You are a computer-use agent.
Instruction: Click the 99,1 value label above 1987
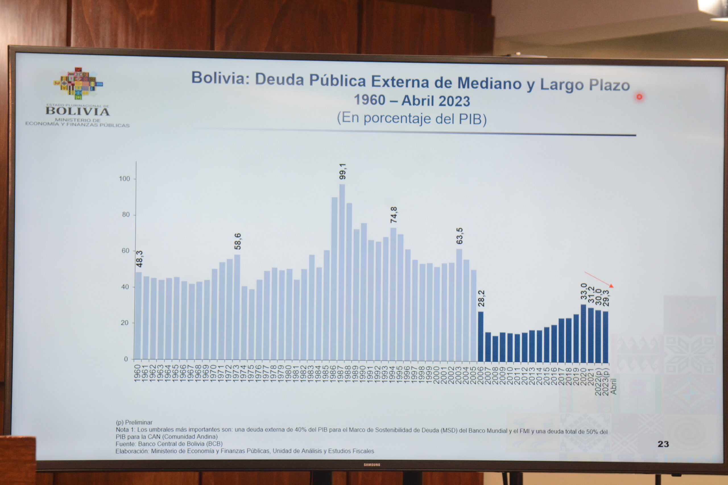pos(342,171)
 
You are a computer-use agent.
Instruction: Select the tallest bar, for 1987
pos(342,272)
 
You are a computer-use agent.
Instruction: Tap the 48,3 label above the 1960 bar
pos(139,259)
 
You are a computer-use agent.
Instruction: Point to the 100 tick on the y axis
pos(125,179)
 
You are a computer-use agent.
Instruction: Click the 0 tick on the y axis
pos(126,359)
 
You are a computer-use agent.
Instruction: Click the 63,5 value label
pos(460,236)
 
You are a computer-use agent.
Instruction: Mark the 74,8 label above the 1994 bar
pos(393,215)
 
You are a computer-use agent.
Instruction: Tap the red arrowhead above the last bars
pos(611,286)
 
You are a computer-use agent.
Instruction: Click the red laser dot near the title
pos(639,97)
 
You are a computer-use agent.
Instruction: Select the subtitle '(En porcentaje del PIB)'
pos(412,119)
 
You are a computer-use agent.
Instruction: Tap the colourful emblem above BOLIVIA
pos(78,84)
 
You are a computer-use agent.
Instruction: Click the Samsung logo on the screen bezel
pos(372,465)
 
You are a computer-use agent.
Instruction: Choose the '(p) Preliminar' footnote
pos(134,422)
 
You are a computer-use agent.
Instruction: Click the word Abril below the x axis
pos(613,386)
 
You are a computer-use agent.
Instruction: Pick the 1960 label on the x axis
pos(137,373)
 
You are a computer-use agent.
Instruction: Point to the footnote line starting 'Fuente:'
pos(169,444)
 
